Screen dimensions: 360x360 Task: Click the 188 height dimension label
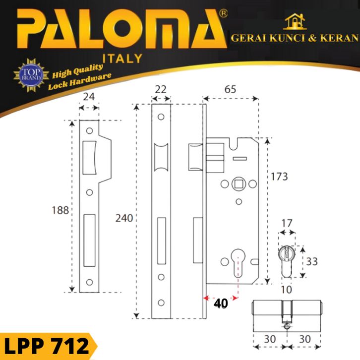[60, 210]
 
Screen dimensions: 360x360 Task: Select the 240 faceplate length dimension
[124, 218]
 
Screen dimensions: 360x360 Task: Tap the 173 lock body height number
[279, 177]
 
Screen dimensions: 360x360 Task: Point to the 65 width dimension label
[230, 89]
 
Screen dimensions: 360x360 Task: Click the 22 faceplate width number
[161, 90]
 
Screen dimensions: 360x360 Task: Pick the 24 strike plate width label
[89, 97]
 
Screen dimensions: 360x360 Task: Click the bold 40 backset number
[221, 303]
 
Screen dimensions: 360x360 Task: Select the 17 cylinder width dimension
[287, 224]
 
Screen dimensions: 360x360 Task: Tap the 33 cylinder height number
[312, 261]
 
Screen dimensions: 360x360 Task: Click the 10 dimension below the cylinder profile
[287, 290]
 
